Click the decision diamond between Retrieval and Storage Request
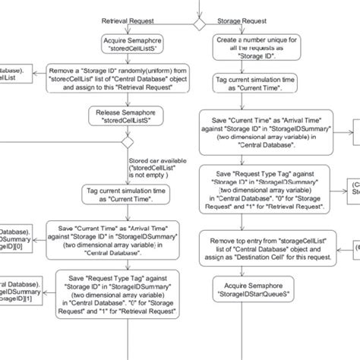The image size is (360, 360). (199, 25)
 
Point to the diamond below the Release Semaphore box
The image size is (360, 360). (128, 143)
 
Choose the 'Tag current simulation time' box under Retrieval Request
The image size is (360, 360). (128, 195)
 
